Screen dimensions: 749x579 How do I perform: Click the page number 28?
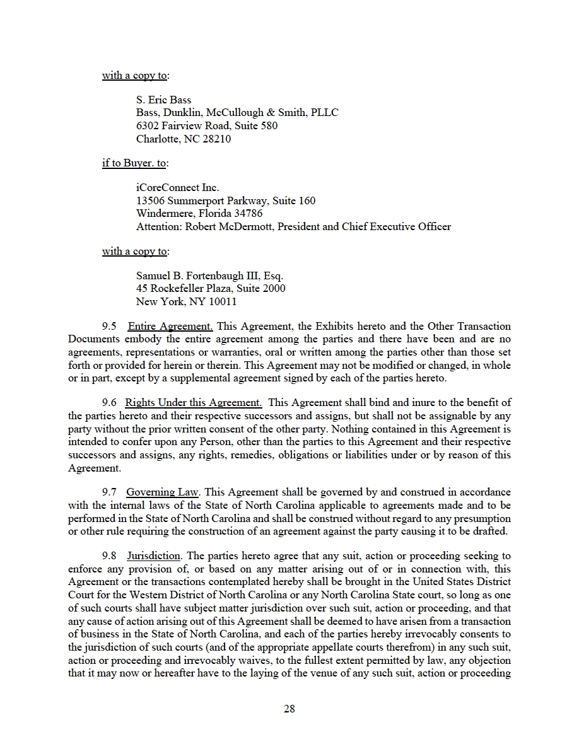(x=289, y=709)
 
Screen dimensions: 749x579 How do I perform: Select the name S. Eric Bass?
(x=163, y=100)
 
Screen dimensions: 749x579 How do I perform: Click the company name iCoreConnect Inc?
(x=177, y=187)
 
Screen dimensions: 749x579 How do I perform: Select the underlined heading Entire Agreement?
(x=170, y=327)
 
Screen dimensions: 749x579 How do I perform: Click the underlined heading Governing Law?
(x=163, y=492)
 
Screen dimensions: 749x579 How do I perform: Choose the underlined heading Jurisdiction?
(x=155, y=556)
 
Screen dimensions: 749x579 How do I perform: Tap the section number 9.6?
(x=110, y=402)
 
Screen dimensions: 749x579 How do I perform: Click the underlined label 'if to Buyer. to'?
(x=134, y=163)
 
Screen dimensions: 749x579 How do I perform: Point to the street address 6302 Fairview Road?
(x=179, y=125)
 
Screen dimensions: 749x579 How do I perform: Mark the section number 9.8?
(x=110, y=556)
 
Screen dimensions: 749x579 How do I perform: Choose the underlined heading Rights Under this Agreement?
(x=193, y=402)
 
